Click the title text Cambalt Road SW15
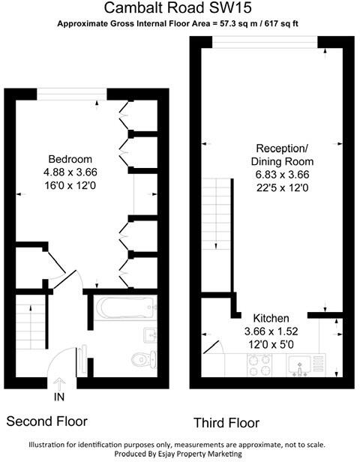point(180,8)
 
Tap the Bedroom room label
point(70,159)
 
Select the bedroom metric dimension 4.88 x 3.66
point(70,172)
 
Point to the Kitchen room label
point(271,318)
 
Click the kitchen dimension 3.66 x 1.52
point(271,331)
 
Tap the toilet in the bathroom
point(139,359)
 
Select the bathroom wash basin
point(148,334)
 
